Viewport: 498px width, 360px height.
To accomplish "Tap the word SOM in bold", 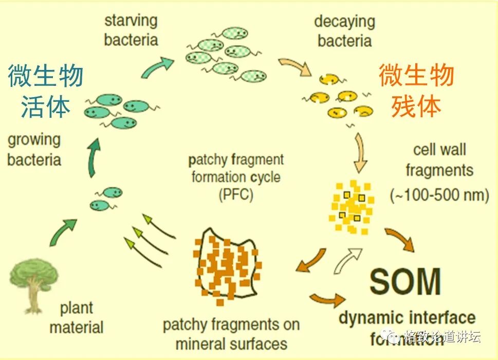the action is (x=405, y=281).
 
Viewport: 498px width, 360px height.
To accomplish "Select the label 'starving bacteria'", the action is (x=131, y=30).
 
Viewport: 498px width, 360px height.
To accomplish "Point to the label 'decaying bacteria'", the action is (x=344, y=31).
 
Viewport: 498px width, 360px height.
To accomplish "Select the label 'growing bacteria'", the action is (x=34, y=149).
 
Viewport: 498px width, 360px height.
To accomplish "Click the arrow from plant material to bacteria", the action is (x=63, y=232).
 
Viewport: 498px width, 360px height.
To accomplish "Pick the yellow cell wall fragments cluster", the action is (x=352, y=206).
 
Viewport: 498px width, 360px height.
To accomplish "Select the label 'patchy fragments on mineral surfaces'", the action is (x=231, y=334).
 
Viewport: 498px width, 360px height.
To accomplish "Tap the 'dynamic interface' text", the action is (x=407, y=317).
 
